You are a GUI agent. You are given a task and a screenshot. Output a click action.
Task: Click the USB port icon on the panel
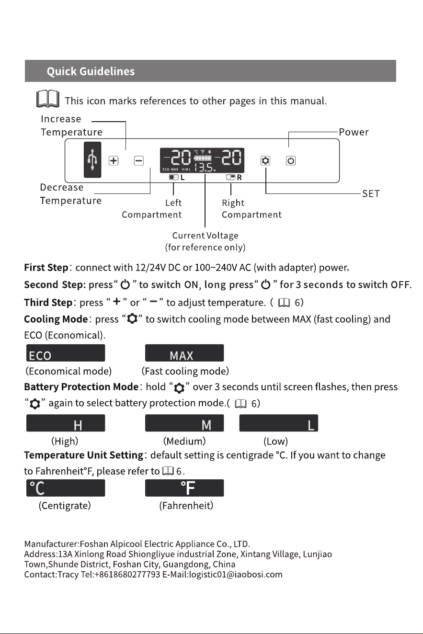coord(92,160)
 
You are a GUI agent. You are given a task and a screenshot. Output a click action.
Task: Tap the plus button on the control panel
coord(114,161)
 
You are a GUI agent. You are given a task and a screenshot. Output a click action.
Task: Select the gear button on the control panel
coord(265,161)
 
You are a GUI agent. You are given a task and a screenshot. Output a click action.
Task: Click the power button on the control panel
coord(291,161)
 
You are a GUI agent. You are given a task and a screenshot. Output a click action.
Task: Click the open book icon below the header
coord(48,99)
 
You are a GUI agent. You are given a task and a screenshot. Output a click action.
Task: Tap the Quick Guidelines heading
coord(91,71)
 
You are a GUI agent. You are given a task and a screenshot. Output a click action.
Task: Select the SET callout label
coord(371,193)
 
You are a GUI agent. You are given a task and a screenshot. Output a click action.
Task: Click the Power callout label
coord(354,132)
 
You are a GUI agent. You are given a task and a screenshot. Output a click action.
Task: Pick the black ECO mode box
coord(66,352)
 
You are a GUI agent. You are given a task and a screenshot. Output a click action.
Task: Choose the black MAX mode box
coord(184,352)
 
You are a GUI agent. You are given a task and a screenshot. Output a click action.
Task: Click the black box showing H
coord(66,423)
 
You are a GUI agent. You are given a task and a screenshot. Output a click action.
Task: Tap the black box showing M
coord(184,423)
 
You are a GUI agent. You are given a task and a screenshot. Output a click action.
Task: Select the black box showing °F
coord(184,487)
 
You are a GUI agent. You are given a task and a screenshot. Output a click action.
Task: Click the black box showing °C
coord(66,487)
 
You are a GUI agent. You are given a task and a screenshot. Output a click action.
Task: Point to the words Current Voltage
coord(205,236)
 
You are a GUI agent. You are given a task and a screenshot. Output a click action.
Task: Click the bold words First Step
coord(46,268)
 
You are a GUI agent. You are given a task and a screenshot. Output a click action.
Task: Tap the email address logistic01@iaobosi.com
coord(236,574)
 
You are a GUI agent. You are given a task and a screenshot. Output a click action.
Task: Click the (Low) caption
coord(275,441)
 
